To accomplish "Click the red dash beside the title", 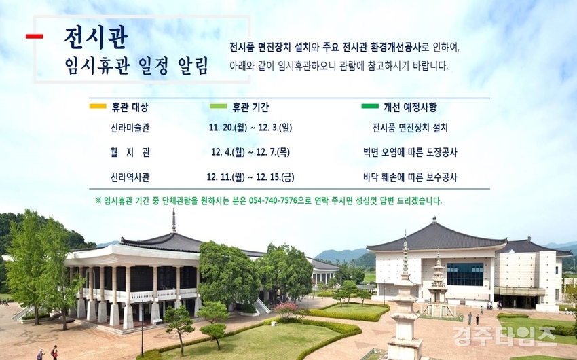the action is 34,36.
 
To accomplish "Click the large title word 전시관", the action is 96,37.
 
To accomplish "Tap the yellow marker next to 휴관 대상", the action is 98,107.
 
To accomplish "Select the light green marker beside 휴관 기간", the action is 218,107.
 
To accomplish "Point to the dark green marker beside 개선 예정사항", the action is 370,107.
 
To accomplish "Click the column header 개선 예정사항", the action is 410,107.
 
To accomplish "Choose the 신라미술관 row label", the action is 130,128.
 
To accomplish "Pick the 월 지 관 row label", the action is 130,152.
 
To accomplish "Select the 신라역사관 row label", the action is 130,177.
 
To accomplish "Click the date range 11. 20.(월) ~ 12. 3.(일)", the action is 250,128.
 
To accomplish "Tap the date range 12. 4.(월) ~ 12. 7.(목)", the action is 250,152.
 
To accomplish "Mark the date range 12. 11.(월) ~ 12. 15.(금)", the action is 250,177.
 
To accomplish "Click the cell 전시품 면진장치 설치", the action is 410,128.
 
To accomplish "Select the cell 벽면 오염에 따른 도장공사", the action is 410,152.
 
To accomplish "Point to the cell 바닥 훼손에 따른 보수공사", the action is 410,177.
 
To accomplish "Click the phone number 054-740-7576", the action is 273,201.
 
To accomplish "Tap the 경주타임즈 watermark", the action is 504,336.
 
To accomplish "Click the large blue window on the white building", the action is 465,274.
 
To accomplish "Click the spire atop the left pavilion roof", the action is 174,220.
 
